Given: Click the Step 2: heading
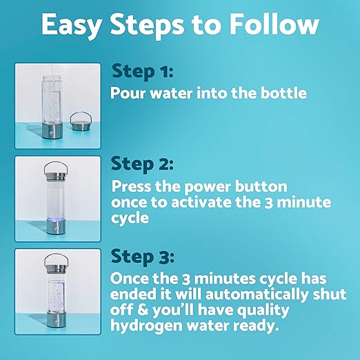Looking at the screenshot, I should point(143,164).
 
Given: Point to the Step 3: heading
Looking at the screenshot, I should point(143,257).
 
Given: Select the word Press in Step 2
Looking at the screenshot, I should point(132,187).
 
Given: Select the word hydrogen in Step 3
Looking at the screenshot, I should point(145,325).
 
